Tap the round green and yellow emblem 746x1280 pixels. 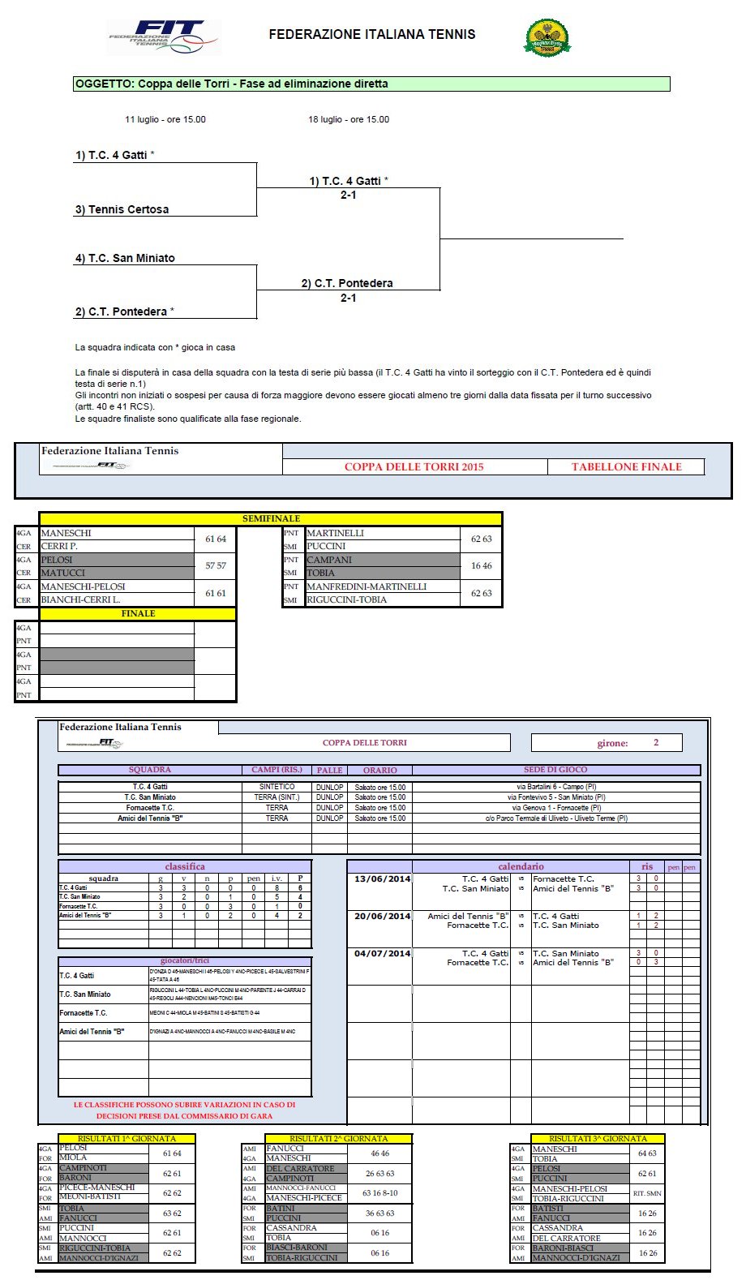point(547,37)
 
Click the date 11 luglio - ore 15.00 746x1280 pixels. point(165,119)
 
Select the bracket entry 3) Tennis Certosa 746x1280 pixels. point(122,209)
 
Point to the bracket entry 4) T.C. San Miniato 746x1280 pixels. point(126,258)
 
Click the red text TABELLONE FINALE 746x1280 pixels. point(626,466)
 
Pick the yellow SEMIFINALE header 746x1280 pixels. point(271,518)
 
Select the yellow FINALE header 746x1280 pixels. point(138,613)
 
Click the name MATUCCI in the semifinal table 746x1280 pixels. point(63,573)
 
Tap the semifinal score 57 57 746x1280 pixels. point(216,565)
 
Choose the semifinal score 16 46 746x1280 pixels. point(482,565)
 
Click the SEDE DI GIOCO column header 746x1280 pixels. point(555,770)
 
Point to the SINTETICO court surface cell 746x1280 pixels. point(277,787)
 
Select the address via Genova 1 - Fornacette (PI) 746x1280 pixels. point(556,808)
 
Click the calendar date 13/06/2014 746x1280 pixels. point(382,879)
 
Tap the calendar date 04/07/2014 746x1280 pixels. point(382,954)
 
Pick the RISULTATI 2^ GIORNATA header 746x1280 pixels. point(338,1139)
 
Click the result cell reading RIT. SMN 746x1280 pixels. point(647,1193)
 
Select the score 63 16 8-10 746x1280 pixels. point(379,1193)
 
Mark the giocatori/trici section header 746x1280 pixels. point(184,960)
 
